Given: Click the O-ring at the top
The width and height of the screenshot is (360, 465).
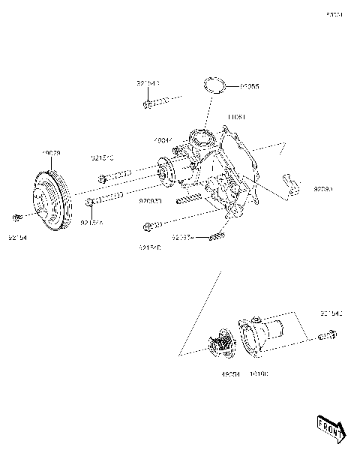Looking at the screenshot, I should tap(215, 85).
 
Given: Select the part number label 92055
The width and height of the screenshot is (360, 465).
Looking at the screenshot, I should tap(250, 87).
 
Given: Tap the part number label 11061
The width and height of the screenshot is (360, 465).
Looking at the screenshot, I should tap(238, 117).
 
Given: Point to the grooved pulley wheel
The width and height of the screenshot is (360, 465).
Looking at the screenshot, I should tap(51, 197).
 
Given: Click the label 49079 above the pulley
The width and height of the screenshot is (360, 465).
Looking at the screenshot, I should tap(51, 153).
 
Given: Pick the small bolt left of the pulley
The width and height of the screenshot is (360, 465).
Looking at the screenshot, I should tap(17, 217).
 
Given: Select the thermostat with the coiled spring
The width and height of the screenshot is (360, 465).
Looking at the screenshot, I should tap(223, 349).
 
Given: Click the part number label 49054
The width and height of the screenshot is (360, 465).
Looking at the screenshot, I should tap(229, 373).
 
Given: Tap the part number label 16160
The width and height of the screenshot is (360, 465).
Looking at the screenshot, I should tap(259, 373).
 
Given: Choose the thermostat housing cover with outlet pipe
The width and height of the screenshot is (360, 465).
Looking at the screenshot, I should tap(266, 333).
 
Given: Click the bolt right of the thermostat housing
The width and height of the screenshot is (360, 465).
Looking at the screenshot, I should tap(327, 335).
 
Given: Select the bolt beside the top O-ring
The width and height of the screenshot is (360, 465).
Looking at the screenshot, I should tap(149, 104).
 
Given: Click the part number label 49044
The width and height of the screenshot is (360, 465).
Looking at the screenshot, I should tap(163, 140).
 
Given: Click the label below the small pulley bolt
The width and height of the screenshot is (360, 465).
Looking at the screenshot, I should tap(18, 238).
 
